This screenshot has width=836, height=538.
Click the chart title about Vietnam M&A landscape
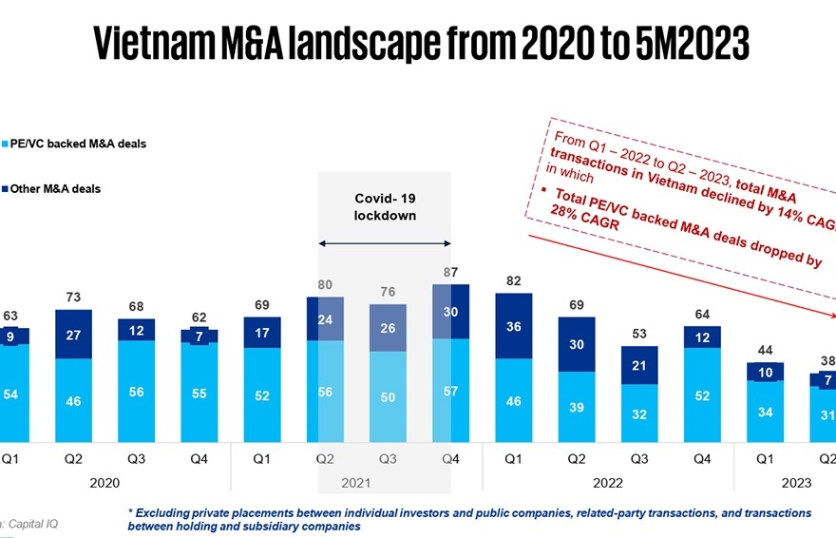[418, 43]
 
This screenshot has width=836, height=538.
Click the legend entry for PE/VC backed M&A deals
[76, 144]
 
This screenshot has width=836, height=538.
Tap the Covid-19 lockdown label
[386, 206]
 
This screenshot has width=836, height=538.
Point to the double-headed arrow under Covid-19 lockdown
[385, 244]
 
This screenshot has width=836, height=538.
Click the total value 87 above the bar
[450, 273]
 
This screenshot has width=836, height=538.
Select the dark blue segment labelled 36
[514, 326]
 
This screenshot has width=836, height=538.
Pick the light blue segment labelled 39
[577, 407]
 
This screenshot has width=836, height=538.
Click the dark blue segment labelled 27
[72, 335]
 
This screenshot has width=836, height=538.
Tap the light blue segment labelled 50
[388, 397]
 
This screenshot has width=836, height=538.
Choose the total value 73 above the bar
[72, 298]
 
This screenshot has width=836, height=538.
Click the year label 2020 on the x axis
[104, 483]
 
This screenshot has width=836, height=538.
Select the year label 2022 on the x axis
[608, 483]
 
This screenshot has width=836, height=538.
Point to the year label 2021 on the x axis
[357, 483]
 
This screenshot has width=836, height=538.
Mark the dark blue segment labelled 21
[639, 365]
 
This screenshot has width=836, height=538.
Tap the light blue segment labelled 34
[765, 412]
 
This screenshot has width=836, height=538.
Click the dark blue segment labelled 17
[262, 333]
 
